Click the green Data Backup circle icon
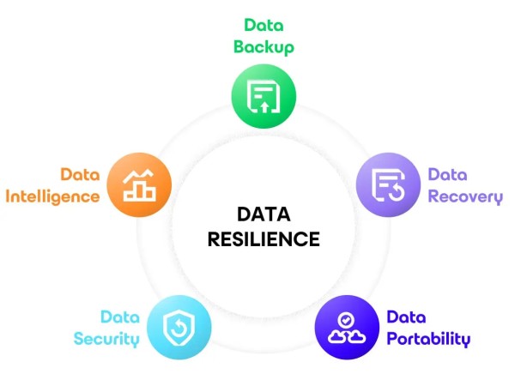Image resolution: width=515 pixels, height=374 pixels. point(264,96)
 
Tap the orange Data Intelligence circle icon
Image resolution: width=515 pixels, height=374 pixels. point(139,184)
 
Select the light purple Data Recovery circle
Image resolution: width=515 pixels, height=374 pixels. point(388,184)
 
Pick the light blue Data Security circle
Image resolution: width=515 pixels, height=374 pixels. point(179,327)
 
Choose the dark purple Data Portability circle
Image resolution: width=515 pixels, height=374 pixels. point(347,327)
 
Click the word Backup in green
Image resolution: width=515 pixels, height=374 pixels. point(264,47)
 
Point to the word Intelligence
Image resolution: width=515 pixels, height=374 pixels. point(52,197)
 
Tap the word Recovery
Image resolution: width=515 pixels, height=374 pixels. point(465,197)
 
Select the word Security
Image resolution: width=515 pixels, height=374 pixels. point(106,339)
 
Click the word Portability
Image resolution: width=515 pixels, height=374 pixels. point(428,339)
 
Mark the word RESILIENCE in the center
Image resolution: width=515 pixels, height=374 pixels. point(264,238)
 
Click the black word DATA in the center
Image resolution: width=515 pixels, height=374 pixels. point(264,214)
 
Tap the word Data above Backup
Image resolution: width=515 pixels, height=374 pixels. point(264,25)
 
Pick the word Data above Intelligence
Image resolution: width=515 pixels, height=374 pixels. point(80,174)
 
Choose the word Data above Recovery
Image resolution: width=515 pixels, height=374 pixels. point(448,174)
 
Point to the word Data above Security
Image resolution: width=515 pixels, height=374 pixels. point(120,317)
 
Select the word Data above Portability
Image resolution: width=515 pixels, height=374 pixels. point(406,317)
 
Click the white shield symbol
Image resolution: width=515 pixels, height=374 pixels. point(179,328)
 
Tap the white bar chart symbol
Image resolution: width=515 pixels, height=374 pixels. point(139,185)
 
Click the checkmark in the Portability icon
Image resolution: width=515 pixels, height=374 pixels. point(346,319)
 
